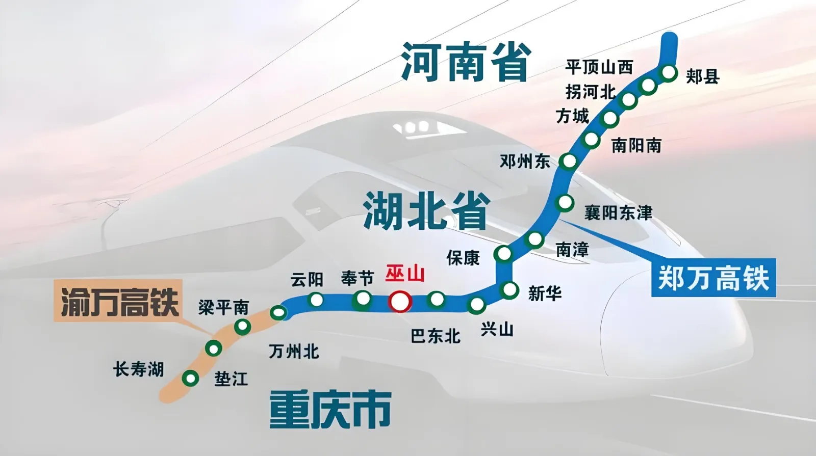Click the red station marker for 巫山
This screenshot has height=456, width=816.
coord(400,302)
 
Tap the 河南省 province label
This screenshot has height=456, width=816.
coord(466,62)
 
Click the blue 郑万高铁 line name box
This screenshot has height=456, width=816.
coord(713,278)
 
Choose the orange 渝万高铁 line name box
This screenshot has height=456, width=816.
coord(119,301)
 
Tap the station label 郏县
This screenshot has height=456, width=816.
coord(702,77)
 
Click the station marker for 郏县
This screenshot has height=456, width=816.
coord(668,73)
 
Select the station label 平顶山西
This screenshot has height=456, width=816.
coord(599,67)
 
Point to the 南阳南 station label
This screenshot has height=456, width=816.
coord(636,146)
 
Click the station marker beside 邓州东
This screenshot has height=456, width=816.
coord(568,162)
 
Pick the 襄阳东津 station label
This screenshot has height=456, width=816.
coord(618,212)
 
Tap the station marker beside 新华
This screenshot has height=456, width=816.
coord(510,290)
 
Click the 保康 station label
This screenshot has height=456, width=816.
coord(463,258)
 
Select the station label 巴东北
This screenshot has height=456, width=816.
coord(436,336)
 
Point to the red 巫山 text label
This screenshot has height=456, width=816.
coord(405,274)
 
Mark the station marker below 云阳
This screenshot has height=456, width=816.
coord(316,300)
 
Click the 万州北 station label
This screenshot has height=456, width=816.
coord(294,352)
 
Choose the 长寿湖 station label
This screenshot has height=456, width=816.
coord(139,369)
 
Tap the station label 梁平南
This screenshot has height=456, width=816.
coord(223,307)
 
